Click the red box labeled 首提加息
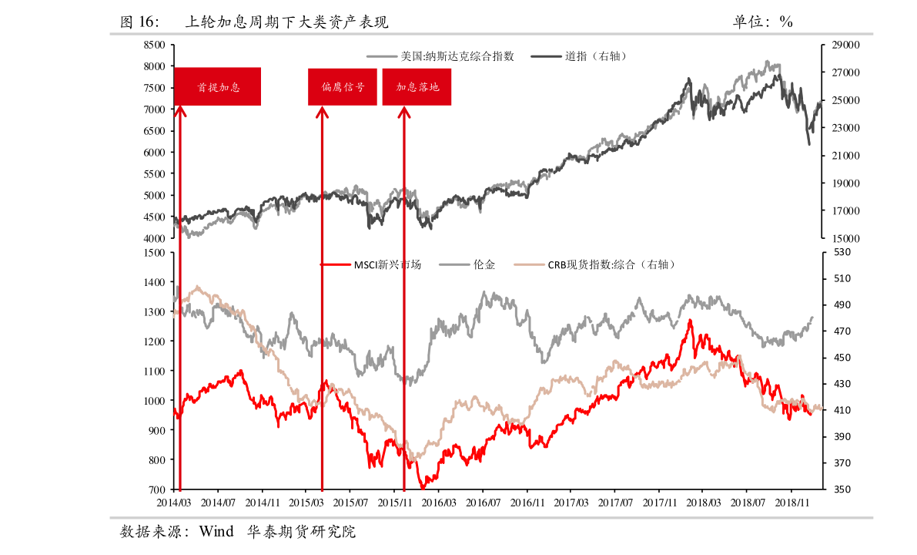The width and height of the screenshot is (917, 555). pos(217,86)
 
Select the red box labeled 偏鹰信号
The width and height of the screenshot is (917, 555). pos(343,86)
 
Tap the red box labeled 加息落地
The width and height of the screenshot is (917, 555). pos(417,86)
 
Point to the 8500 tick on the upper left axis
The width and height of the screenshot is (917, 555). pos(154,45)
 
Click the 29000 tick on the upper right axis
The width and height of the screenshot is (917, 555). pos(845,45)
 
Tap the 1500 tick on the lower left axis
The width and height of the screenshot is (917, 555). pos(154,252)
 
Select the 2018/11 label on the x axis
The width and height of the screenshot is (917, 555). pos(791,503)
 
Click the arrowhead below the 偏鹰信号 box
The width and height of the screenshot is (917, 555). pos(322,113)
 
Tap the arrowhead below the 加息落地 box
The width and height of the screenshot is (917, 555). pos(403,113)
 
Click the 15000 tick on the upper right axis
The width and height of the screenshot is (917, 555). pos(845,239)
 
